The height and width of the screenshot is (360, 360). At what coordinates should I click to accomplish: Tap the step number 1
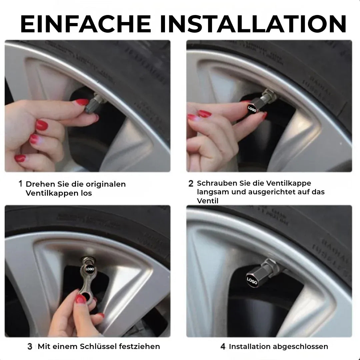coord(20,184)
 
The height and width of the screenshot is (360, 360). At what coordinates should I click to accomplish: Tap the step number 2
coord(191,183)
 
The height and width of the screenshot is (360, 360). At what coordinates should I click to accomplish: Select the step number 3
coord(30,347)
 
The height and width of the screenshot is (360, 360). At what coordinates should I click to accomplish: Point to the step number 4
coord(223,347)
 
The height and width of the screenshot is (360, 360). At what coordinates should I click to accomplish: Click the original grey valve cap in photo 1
coord(92,105)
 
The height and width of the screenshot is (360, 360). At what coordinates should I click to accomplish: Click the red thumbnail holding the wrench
coord(81,299)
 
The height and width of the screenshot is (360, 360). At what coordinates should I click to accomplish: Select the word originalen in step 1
coord(106,184)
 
